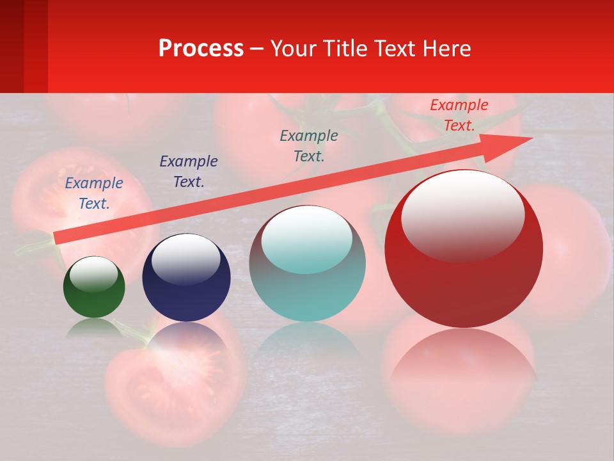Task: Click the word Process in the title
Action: pyautogui.click(x=201, y=49)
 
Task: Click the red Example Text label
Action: pyautogui.click(x=459, y=115)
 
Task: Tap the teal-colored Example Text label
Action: pyautogui.click(x=309, y=146)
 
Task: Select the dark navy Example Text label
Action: pyautogui.click(x=189, y=172)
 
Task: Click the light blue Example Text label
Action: pyautogui.click(x=94, y=193)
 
